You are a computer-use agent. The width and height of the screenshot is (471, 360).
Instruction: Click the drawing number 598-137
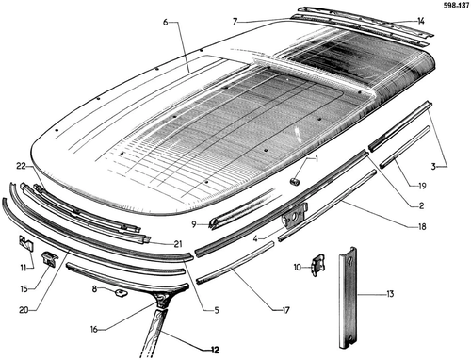coord(456,7)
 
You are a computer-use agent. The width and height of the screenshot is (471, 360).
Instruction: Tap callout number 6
coord(166,22)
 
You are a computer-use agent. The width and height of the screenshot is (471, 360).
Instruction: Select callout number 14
coord(421,21)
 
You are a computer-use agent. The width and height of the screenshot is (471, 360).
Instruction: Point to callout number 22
coord(21,166)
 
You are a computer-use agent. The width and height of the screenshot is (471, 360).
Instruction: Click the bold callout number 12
coord(215,350)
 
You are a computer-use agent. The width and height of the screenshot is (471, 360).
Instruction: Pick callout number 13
coord(390,294)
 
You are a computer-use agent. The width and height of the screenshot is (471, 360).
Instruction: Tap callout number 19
coord(422,186)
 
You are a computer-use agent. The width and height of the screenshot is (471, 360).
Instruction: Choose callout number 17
coord(285,310)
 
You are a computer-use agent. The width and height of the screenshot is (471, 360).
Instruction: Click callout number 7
coord(235,22)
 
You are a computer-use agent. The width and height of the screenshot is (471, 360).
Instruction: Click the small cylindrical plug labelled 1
coord(295,182)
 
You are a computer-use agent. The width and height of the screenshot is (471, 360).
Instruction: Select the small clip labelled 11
coord(26,243)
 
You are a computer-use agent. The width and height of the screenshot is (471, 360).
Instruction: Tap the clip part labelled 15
coord(50,258)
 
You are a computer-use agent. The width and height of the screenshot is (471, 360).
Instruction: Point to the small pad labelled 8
coord(121,293)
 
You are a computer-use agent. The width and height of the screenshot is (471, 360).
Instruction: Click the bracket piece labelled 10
coord(318,267)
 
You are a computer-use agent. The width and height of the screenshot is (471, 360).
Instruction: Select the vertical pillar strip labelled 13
coord(348,298)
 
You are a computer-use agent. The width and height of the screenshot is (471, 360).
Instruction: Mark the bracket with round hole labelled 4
coord(295,216)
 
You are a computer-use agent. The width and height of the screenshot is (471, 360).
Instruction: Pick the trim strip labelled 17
coord(235,262)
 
